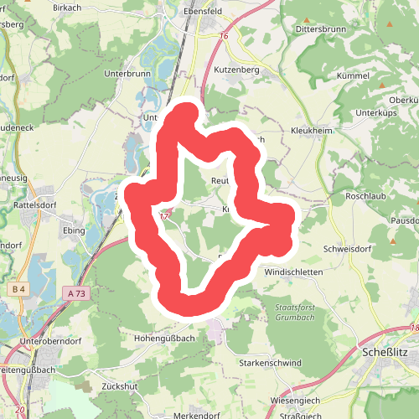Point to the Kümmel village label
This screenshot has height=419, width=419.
(x=353, y=75)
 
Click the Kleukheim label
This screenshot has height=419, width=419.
(x=312, y=132)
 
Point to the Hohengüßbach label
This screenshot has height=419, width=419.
(x=165, y=338)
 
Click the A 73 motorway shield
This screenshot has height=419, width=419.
(x=74, y=293)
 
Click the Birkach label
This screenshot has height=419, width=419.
(x=91, y=7)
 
